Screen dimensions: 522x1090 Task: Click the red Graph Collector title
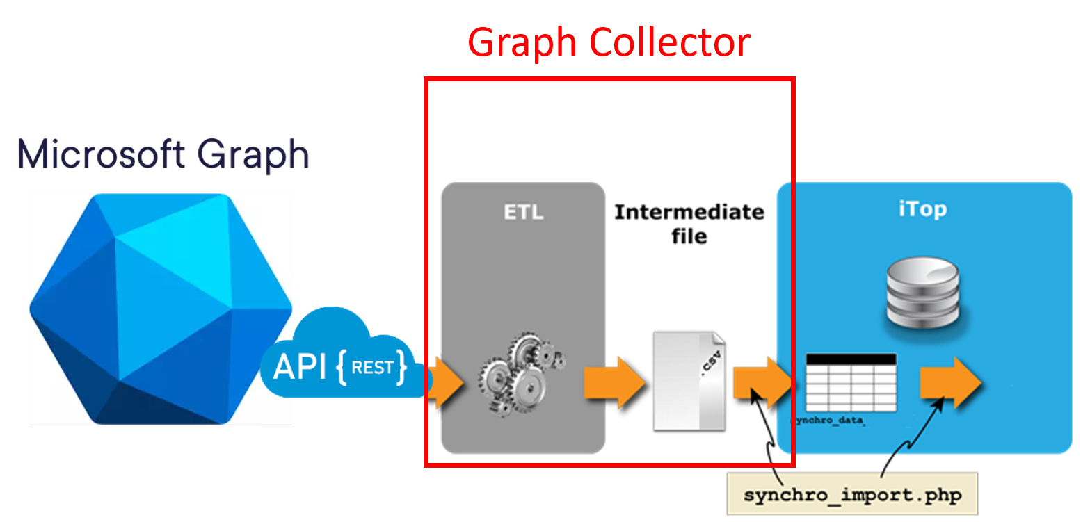[609, 43]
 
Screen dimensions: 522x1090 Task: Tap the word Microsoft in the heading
[97, 154]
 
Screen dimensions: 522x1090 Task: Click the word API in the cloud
[299, 366]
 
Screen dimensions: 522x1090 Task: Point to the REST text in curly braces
[372, 367]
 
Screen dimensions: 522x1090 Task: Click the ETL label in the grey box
[523, 212]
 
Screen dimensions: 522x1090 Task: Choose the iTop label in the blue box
[922, 209]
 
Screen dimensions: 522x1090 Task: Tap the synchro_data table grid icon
[851, 383]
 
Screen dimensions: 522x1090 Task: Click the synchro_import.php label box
[852, 495]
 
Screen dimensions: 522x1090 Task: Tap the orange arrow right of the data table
[950, 382]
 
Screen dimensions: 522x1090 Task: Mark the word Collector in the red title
[669, 43]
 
